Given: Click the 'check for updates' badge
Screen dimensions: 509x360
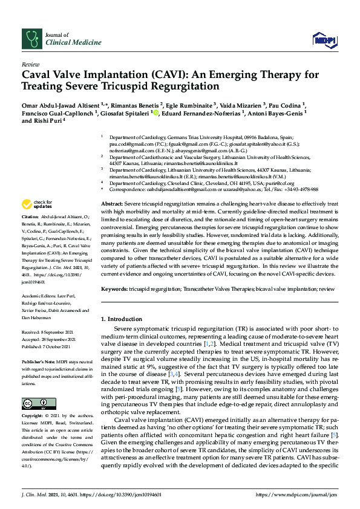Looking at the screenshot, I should (36, 204).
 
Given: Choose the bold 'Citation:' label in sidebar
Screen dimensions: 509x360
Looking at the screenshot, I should (30, 216).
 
